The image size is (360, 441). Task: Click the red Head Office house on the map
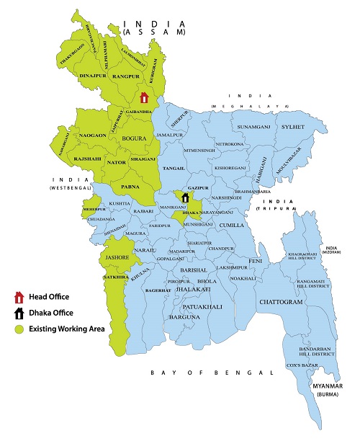[143, 97]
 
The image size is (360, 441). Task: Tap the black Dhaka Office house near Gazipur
[185, 197]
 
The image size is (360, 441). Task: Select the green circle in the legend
[18, 329]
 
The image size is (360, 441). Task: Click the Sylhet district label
[294, 127]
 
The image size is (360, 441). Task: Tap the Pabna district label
[130, 186]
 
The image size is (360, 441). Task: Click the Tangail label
[175, 166]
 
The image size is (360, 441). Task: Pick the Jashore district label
[114, 257]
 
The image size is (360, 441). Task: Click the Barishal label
[194, 268]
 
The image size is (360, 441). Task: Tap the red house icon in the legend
[18, 297]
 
